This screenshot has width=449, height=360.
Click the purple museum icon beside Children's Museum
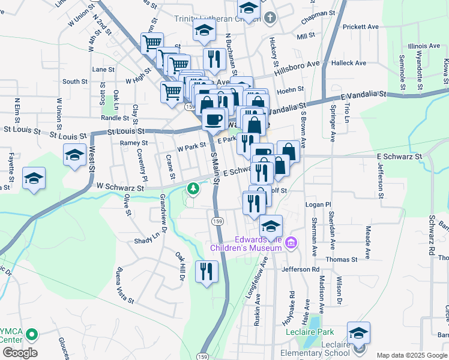[x=292, y=242]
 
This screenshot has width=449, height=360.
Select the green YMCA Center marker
[x=33, y=335]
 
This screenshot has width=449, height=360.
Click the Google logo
[x=20, y=352]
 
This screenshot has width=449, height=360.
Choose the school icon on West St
[x=74, y=155]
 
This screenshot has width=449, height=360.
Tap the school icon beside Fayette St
[x=34, y=178]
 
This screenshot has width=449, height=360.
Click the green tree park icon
[x=193, y=190]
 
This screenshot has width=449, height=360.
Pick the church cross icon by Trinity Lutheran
[x=270, y=17]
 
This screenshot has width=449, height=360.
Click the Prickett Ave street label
[x=360, y=27]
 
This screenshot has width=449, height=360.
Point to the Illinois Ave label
[x=424, y=46]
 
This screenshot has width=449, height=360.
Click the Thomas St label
[x=341, y=259]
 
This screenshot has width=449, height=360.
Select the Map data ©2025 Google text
[x=411, y=355]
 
